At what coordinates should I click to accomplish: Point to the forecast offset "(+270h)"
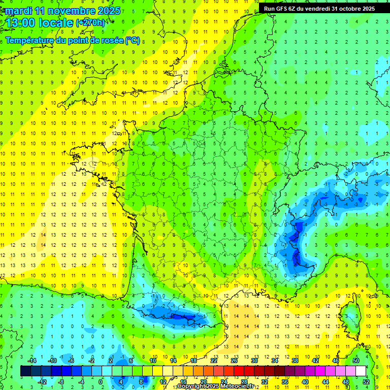pyautogui.click(x=90, y=23)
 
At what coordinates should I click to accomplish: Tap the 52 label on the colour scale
pyautogui.click(x=366, y=381)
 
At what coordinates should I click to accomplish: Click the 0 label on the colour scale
pyautogui.click(x=100, y=381)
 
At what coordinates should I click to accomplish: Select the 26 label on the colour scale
pyautogui.click(x=234, y=361)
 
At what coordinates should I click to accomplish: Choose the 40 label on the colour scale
pyautogui.click(x=305, y=381)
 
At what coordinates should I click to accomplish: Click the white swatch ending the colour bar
pyautogui.click(x=361, y=371)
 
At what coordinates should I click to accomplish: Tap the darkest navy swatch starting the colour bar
pyautogui.click(x=25, y=371)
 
